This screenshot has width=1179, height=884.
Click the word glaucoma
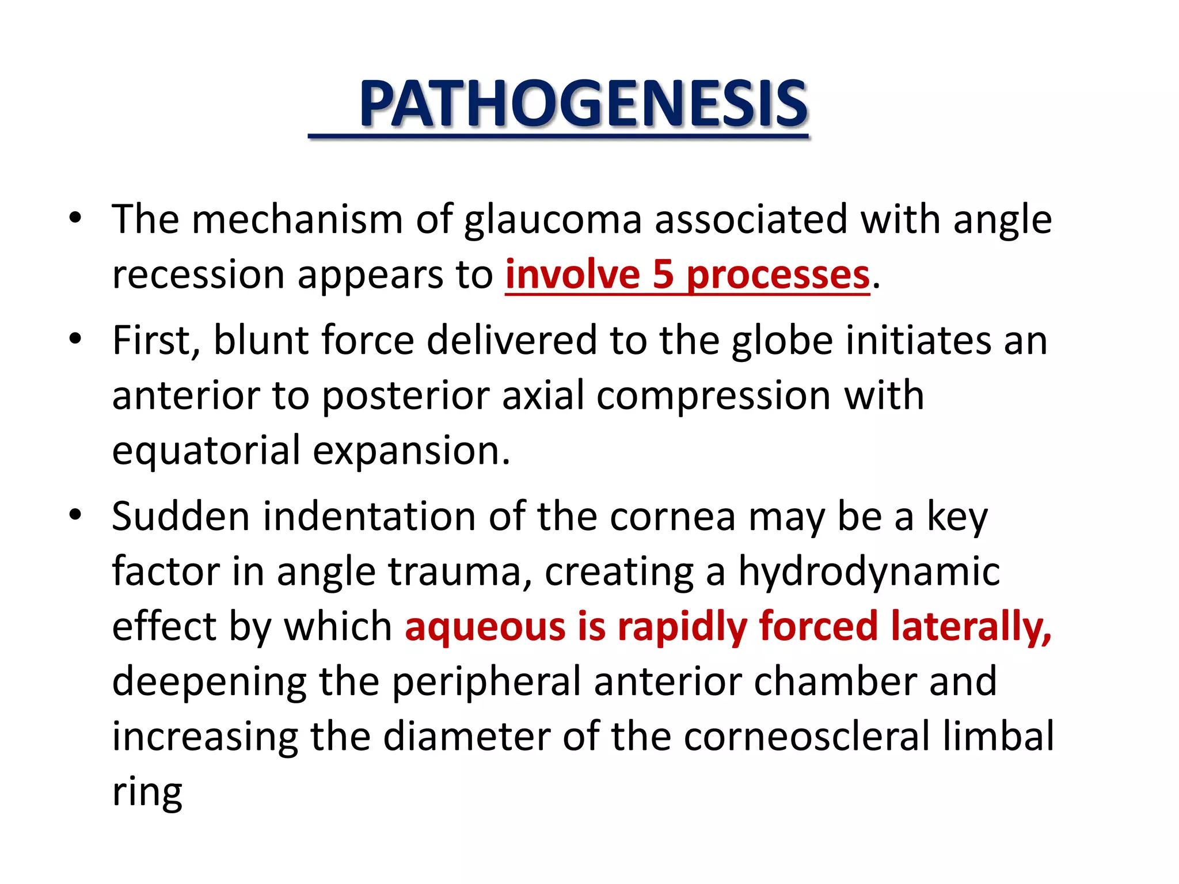pos(553,220)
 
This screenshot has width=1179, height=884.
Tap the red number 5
pos(663,275)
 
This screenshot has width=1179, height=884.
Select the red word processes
pos(778,275)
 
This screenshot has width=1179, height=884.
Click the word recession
pos(198,275)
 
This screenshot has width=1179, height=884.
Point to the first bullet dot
pos(75,219)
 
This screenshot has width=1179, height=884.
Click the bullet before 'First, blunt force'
pos(75,339)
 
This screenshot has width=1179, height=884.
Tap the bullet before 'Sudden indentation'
pos(75,515)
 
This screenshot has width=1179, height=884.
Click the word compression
pos(713,396)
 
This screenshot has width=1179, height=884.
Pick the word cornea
pos(672,516)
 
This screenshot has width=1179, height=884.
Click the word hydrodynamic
pos(869,572)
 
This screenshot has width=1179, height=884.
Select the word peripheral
pos(486,682)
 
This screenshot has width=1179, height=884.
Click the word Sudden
pos(181,516)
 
